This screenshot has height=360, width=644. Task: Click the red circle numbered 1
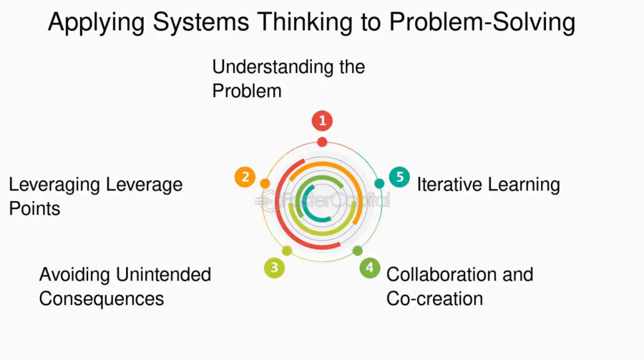pyautogui.click(x=323, y=120)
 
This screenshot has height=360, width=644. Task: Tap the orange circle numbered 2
pyautogui.click(x=245, y=177)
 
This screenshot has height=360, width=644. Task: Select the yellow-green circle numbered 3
pyautogui.click(x=274, y=268)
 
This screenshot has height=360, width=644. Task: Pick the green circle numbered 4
pyautogui.click(x=369, y=268)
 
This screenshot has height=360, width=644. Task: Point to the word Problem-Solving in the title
pyautogui.click(x=482, y=23)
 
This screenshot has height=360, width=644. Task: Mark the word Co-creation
pyautogui.click(x=434, y=298)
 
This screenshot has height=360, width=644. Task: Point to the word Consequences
pyautogui.click(x=102, y=298)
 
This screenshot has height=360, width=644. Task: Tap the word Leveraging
pyautogui.click(x=54, y=185)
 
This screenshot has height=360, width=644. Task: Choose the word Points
pyautogui.click(x=34, y=209)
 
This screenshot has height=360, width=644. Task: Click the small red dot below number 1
pyautogui.click(x=323, y=142)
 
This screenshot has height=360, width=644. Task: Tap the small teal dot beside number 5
pyautogui.click(x=379, y=183)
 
